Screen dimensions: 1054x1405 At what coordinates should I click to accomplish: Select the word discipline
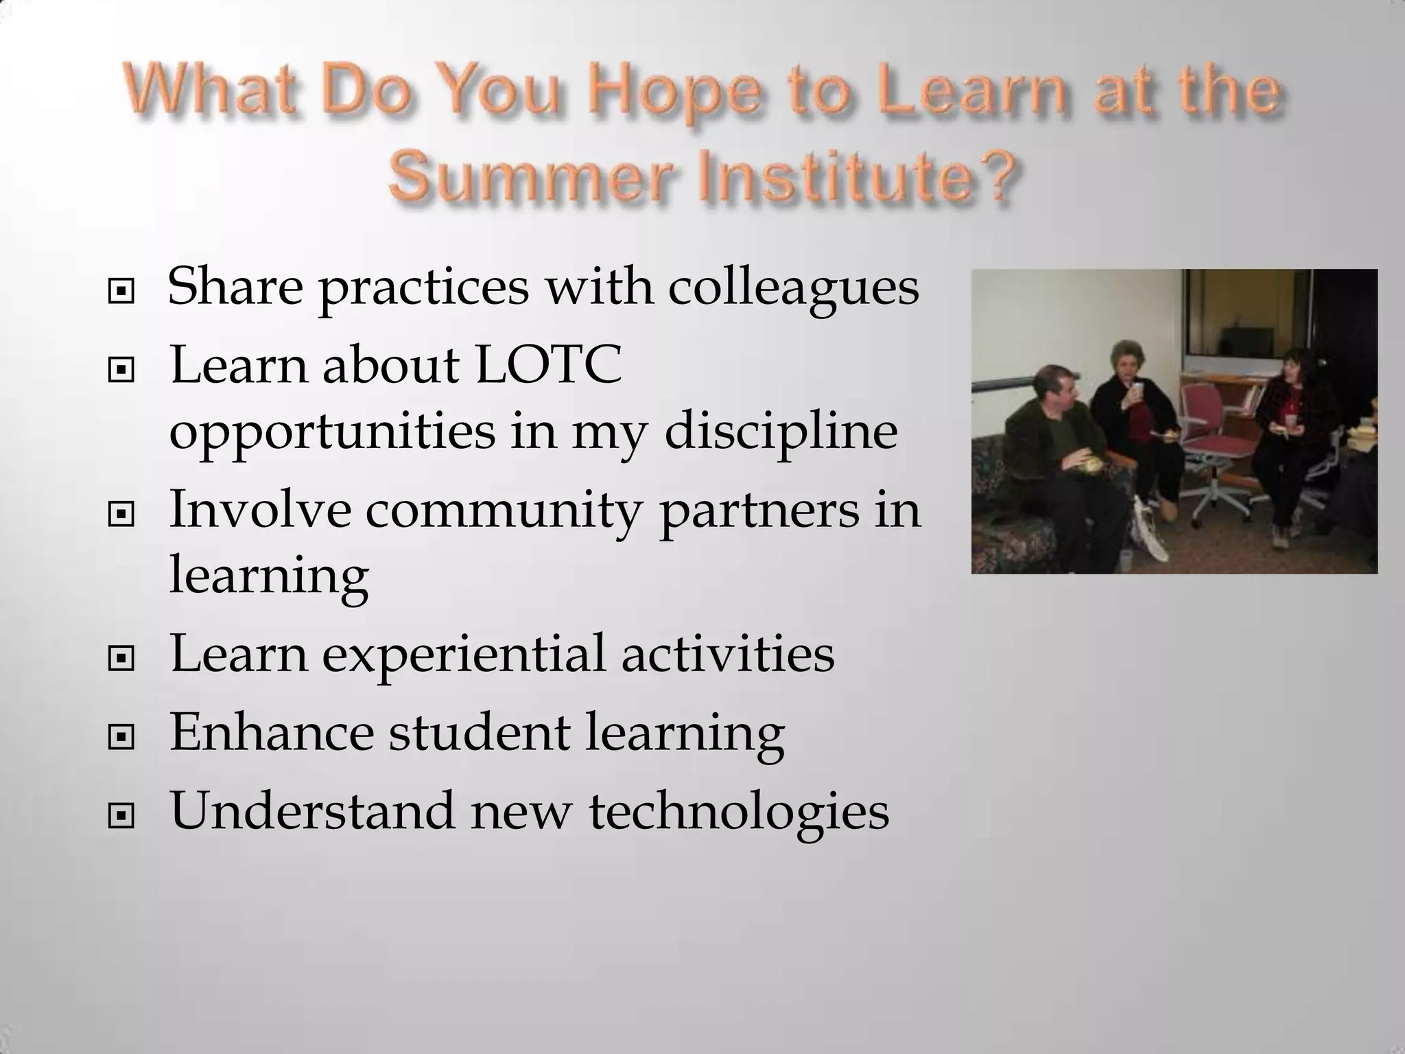[x=781, y=431]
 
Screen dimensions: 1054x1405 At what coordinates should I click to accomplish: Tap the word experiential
[x=464, y=654]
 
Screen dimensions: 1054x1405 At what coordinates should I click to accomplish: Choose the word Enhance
[x=272, y=732]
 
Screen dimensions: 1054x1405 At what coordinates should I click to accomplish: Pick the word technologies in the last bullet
[x=739, y=811]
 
